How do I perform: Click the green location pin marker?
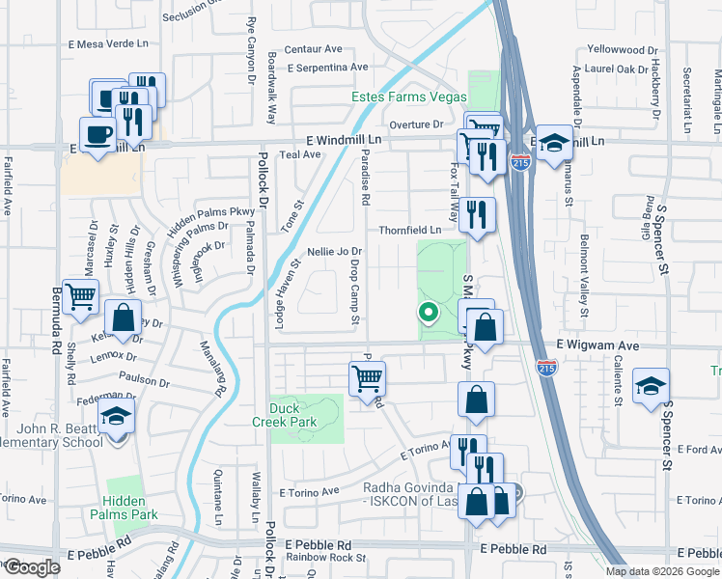426,312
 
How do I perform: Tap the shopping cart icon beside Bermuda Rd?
80,296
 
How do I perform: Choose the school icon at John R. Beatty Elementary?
117,418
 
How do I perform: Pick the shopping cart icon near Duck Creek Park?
367,377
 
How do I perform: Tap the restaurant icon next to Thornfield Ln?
477,214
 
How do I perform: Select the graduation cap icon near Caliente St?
652,385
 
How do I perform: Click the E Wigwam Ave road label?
597,345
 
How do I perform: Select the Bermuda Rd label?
57,333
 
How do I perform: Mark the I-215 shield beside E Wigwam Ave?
545,367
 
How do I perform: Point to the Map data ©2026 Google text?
661,571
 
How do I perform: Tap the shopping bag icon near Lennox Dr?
124,317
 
